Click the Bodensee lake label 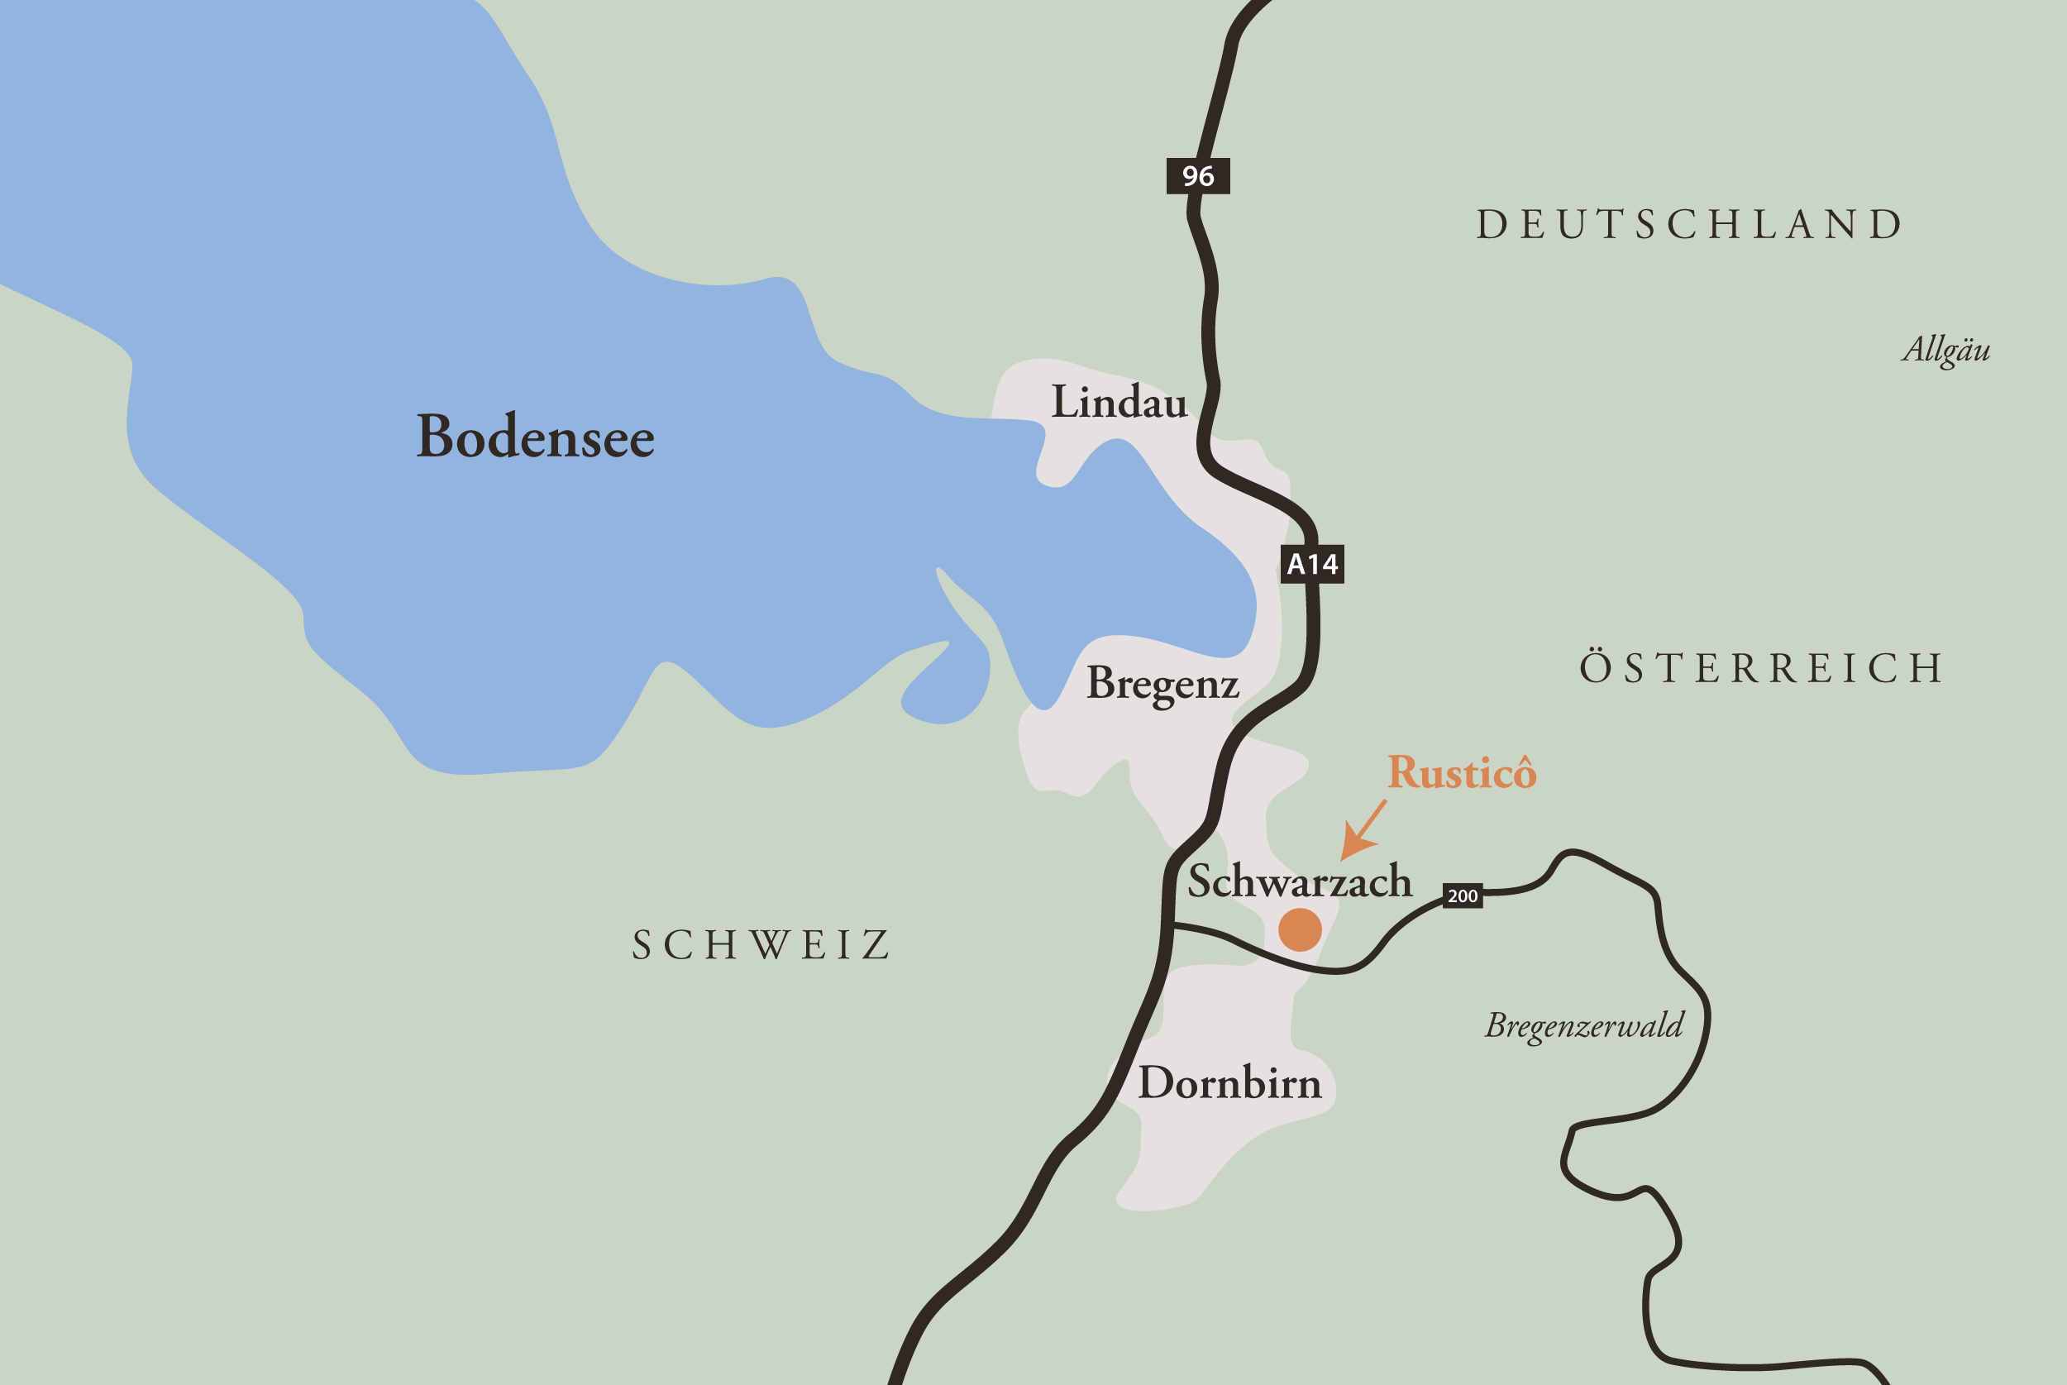coord(535,437)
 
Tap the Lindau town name coord(1119,403)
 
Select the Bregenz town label coord(1162,684)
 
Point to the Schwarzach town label coord(1299,881)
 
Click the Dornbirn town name coord(1229,1083)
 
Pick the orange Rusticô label coord(1461,773)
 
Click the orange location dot coord(1300,929)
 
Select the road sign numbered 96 coord(1198,176)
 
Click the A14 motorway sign coord(1312,564)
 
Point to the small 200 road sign coord(1462,895)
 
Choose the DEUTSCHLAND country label coord(1690,224)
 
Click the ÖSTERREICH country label coord(1760,667)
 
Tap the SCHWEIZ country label coord(761,945)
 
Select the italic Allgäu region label coord(1946,350)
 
